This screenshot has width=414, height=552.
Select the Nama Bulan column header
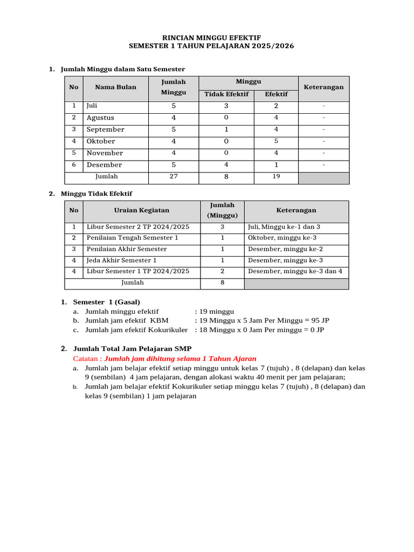click(116, 87)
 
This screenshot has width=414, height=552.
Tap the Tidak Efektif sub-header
click(226, 94)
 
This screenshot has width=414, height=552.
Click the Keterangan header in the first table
click(323, 87)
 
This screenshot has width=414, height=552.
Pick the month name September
click(106, 129)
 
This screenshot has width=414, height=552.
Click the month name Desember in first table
click(105, 165)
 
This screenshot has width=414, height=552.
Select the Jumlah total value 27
click(174, 177)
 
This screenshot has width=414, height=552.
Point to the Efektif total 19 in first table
click(277, 177)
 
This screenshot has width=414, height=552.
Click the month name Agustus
click(101, 118)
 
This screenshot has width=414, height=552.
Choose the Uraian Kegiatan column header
click(142, 210)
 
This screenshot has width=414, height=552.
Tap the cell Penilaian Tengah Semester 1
click(133, 238)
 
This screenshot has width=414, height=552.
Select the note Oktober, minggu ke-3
click(282, 238)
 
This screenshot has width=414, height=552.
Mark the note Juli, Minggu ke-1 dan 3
click(284, 227)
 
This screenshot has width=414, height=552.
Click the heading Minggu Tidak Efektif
click(96, 194)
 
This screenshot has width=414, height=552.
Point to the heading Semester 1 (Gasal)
click(107, 302)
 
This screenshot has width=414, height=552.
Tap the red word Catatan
click(86, 358)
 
